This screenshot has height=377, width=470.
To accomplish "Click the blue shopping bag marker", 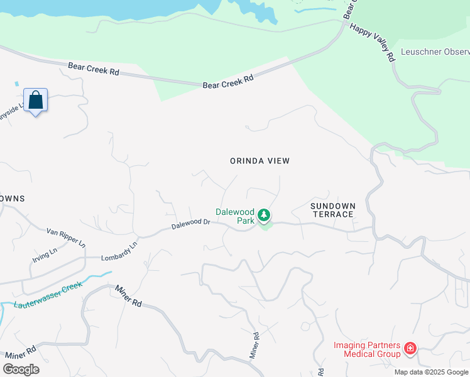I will (x=36, y=101).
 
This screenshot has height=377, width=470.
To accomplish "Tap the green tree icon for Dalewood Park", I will (x=265, y=216).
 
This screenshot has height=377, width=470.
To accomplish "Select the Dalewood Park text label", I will (x=236, y=216).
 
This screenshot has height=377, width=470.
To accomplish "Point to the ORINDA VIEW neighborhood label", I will (x=260, y=161).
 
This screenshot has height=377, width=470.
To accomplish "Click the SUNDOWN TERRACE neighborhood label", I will (x=332, y=210).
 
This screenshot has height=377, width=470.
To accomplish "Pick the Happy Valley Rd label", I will (x=371, y=43).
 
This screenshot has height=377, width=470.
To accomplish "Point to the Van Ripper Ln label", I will (x=66, y=238).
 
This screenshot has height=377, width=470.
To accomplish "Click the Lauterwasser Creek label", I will (x=49, y=295).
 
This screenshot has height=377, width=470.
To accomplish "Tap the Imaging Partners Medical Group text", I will (x=367, y=349).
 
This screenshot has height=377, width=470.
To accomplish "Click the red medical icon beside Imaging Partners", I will (x=410, y=348).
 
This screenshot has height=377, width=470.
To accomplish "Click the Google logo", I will (x=21, y=369).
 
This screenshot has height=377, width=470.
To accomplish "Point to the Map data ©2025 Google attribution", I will (x=431, y=372).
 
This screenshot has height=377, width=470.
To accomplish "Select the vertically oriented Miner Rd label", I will (x=254, y=346).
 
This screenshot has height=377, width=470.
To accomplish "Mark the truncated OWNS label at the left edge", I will (x=12, y=199).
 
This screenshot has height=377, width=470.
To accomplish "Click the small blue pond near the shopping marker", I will (x=16, y=84).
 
